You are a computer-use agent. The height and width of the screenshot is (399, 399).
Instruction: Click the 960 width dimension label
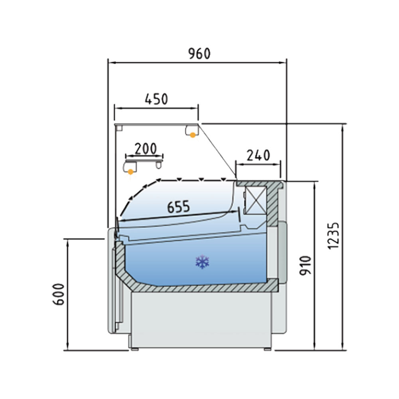pos(199,54)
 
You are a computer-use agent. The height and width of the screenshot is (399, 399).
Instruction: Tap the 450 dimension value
pos(156,99)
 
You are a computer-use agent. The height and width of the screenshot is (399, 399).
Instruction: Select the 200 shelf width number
pos(145,149)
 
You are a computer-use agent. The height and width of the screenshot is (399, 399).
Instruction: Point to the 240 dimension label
pos(258,156)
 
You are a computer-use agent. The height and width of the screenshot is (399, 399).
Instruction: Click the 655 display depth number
pos(178,207)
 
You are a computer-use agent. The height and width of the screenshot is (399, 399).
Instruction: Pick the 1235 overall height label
pos(334,236)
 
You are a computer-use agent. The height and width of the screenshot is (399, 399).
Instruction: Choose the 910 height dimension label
pos(305,265)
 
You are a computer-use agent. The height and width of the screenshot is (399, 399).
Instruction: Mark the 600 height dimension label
pos(59,294)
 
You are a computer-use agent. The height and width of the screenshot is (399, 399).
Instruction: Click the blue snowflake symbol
pos(202,262)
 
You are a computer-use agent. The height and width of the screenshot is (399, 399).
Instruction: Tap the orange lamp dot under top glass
pos(193,135)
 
